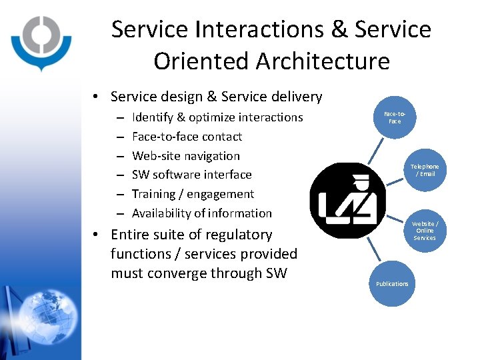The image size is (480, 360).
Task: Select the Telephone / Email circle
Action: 425,170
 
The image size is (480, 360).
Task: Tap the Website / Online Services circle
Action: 425,231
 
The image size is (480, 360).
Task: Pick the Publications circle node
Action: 392,283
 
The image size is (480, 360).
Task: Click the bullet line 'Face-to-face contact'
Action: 187,137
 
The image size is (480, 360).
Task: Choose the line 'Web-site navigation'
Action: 185,156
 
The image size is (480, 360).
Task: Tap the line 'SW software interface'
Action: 191,175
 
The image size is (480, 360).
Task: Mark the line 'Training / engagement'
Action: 193,194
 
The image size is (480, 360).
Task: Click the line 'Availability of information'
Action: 201,213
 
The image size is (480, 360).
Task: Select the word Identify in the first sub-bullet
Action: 152,117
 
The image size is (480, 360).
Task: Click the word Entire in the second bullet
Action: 130,235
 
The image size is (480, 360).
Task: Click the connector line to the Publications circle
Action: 377,251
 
